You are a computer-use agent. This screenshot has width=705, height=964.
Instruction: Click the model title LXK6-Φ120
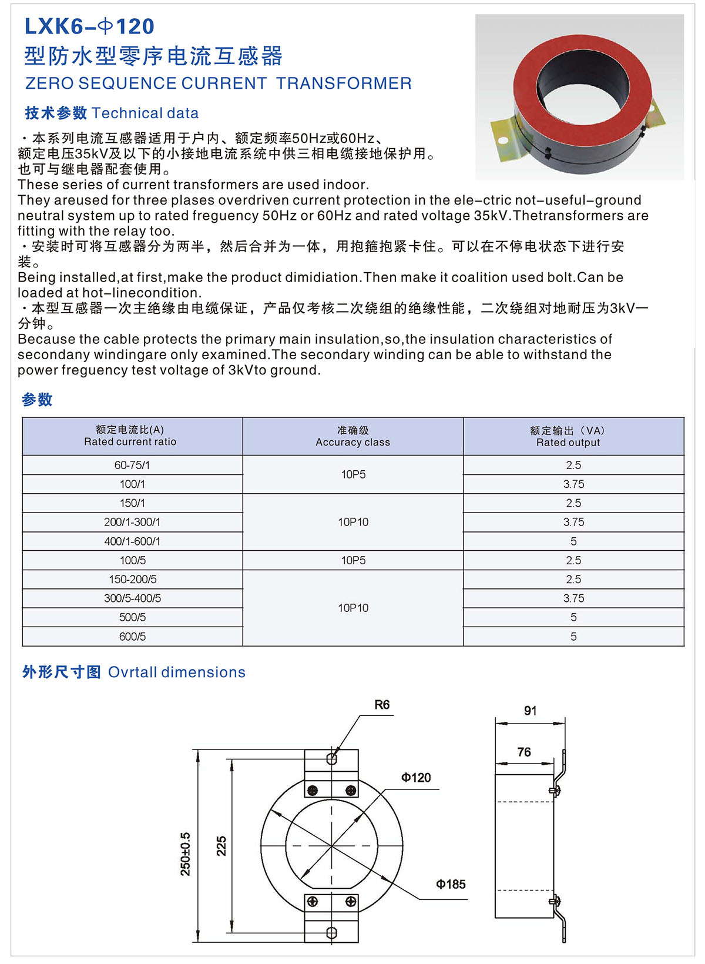coord(89,26)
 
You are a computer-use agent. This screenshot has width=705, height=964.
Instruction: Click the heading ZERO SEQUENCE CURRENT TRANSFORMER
coord(218,83)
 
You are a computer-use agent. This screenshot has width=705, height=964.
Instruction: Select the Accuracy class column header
coord(352,436)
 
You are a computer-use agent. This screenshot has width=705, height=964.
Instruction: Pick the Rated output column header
coord(568,436)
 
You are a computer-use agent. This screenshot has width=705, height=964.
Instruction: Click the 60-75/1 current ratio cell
coord(132,465)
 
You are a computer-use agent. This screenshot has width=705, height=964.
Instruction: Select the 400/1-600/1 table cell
coord(132,541)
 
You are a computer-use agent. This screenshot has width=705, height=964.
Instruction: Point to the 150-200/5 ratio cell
coord(132,580)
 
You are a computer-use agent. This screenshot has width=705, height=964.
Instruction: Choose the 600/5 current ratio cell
coord(132,637)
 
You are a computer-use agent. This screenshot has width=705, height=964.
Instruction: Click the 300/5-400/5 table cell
coord(132,598)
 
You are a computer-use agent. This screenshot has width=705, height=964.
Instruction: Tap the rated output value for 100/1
coord(573,484)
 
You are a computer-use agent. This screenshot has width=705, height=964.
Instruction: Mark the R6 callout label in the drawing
coord(382,705)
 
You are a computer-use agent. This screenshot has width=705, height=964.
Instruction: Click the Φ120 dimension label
coord(416,778)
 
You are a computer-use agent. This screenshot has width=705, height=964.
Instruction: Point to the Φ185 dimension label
coord(451,884)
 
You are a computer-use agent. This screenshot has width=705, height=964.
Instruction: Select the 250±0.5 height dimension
coord(186,854)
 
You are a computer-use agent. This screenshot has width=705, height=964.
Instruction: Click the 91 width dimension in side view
coord(530,711)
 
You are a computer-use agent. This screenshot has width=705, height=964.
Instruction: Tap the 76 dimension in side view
coord(524,752)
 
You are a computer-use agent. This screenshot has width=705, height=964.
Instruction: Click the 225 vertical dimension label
coord(221,846)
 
